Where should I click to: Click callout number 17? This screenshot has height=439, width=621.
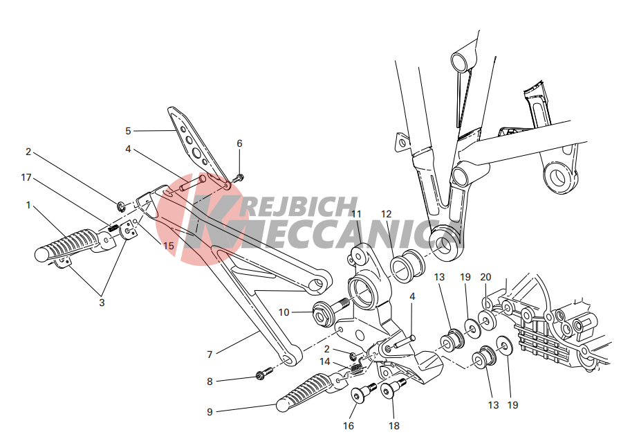[x=26, y=177]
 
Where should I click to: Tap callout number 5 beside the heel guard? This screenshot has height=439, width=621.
[x=128, y=131]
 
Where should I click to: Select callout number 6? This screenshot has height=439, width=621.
[x=239, y=143]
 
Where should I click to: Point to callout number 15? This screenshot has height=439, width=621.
[x=169, y=246]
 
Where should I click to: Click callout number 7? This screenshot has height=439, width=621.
[x=210, y=355]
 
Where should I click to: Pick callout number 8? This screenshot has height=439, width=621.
[x=210, y=382]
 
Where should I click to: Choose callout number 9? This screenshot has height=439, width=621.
[x=210, y=412]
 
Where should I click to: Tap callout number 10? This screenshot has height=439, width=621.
[x=284, y=312]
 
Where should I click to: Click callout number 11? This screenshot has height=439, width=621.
[x=356, y=214]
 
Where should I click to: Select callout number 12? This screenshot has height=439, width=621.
[x=386, y=214]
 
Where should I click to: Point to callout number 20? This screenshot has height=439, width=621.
[x=485, y=277]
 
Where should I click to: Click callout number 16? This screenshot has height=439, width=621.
[x=349, y=426]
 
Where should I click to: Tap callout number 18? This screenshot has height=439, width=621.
[x=394, y=426]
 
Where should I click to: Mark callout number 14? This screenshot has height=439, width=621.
[x=325, y=361]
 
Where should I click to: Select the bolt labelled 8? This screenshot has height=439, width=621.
[x=264, y=373]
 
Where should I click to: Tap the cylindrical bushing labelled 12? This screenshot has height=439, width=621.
[x=408, y=265]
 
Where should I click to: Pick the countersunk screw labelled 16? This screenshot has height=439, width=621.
[x=363, y=392]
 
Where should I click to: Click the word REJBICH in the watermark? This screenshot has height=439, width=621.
[x=302, y=206]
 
